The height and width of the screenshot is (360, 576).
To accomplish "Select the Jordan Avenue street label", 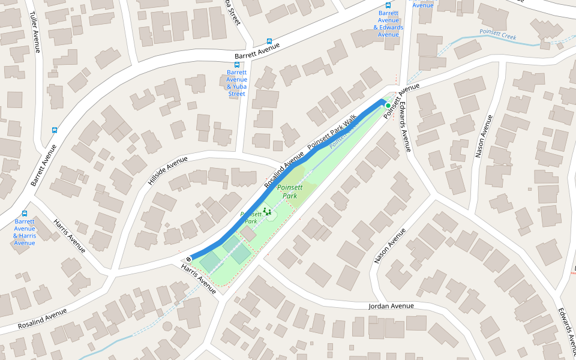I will click(x=391, y=306).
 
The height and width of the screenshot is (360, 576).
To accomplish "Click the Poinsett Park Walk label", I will click(x=332, y=132).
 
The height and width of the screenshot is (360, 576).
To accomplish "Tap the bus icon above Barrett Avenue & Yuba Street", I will click(x=237, y=64).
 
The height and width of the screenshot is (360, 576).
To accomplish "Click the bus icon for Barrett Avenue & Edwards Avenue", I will click(x=388, y=5).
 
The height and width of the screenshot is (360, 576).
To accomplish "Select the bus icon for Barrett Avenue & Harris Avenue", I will click(x=25, y=214).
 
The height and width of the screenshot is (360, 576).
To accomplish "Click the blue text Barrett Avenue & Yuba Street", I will click(x=237, y=83).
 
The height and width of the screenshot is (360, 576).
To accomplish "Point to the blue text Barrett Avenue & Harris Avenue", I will click(x=25, y=232).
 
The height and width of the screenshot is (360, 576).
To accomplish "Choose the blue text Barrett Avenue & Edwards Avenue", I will click(x=388, y=23).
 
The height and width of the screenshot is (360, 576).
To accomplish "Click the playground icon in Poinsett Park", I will click(x=267, y=212).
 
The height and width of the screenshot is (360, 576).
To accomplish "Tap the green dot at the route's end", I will click(x=388, y=105).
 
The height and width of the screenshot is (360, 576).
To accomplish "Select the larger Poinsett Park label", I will click(x=290, y=191).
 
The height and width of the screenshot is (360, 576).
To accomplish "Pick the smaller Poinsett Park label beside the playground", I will click(x=250, y=217).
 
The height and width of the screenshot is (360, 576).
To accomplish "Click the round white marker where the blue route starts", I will click(x=188, y=259).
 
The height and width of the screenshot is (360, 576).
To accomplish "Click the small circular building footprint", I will click(x=167, y=326).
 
